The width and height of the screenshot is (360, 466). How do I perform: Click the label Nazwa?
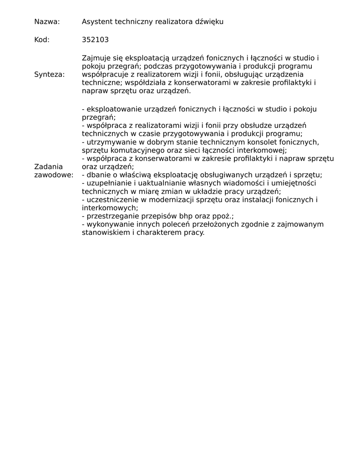pyautogui.click(x=47, y=21)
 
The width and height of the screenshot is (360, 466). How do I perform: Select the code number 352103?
pyautogui.click(x=95, y=40)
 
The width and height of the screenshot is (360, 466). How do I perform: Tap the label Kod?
pyautogui.click(x=42, y=40)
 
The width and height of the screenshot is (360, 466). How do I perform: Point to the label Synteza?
pyautogui.click(x=50, y=75)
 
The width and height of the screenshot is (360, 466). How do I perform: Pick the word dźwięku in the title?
pyautogui.click(x=209, y=21)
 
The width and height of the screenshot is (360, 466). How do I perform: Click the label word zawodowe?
pyautogui.click(x=54, y=175)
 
